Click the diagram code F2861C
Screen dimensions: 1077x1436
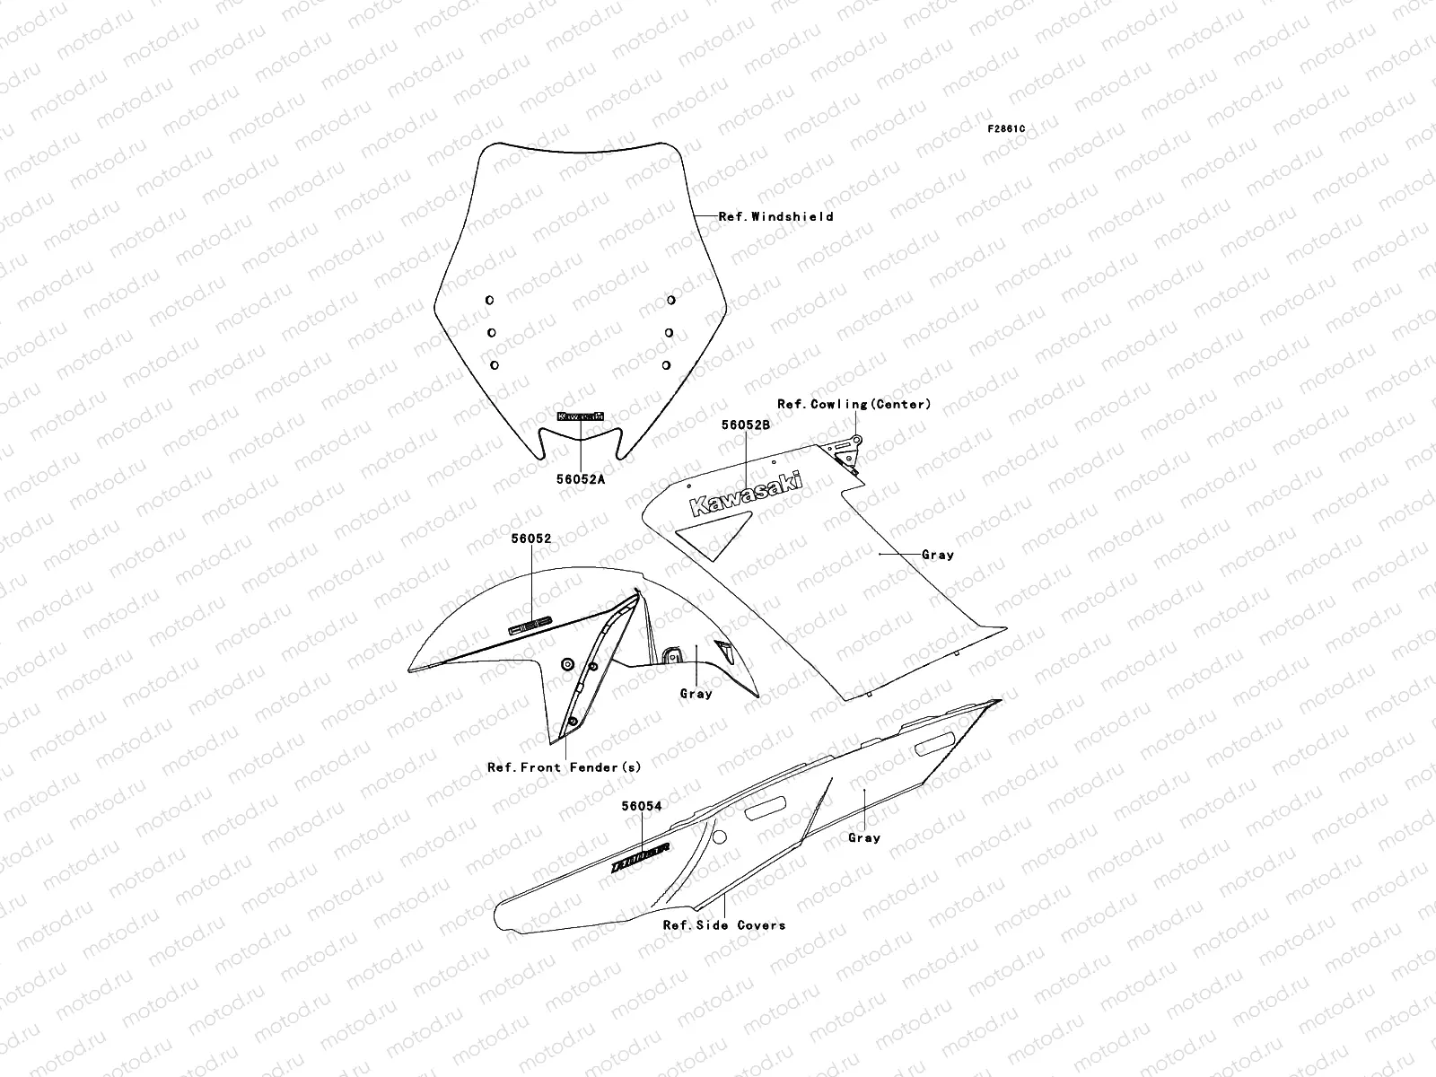(x=1006, y=129)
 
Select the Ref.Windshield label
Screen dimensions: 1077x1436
(x=775, y=216)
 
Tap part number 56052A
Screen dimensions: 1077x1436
(x=580, y=479)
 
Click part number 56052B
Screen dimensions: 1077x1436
(x=747, y=425)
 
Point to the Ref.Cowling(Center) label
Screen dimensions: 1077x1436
(x=854, y=405)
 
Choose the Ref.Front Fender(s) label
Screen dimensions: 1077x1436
(x=564, y=767)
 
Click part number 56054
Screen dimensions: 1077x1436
(x=642, y=806)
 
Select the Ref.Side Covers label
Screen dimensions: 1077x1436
(x=723, y=925)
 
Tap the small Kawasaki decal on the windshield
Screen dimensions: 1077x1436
(x=581, y=417)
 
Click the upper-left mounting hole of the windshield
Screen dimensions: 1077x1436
(x=489, y=300)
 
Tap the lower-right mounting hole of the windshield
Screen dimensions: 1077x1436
(x=666, y=365)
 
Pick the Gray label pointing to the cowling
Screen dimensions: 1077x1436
(x=938, y=555)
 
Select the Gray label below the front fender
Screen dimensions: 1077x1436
(x=696, y=694)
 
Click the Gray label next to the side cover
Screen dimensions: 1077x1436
(x=864, y=837)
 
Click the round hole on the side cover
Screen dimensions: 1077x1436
(x=718, y=836)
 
